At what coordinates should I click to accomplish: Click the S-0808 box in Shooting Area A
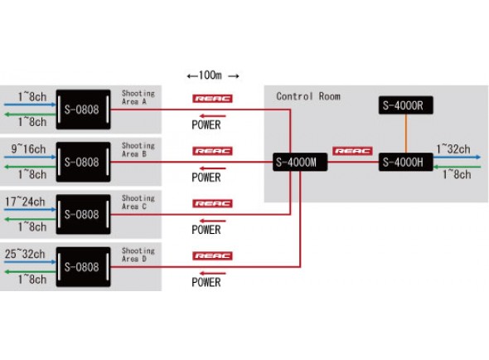82,109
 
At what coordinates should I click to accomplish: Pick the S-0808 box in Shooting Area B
82,162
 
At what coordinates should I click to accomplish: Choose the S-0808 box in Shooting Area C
82,214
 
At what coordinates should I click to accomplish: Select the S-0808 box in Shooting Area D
82,267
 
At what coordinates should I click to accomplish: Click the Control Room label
307,96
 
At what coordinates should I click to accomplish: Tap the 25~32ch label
25,252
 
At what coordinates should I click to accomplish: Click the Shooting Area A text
138,98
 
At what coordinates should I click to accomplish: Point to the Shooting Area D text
138,255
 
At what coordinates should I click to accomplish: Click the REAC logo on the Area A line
212,98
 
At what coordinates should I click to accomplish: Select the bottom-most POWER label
206,282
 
